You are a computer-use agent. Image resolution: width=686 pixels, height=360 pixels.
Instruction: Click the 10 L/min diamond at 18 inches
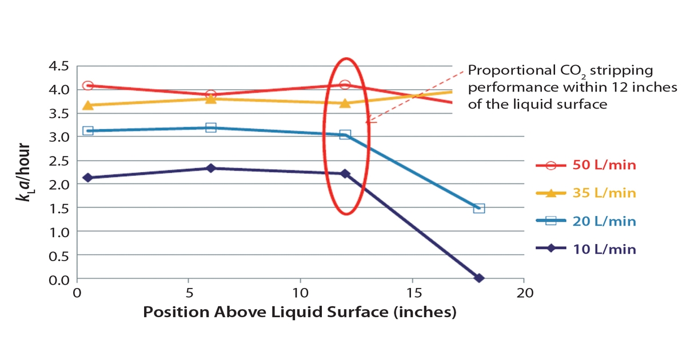[x=479, y=278]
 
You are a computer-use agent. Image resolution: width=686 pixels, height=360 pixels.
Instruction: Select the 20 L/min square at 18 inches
[x=479, y=208]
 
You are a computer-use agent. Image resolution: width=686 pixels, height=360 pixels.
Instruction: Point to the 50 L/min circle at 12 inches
[x=345, y=85]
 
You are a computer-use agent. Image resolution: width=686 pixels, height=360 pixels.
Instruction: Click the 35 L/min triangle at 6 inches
[x=210, y=98]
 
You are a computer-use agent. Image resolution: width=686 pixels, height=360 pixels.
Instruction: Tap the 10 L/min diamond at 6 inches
[x=210, y=168]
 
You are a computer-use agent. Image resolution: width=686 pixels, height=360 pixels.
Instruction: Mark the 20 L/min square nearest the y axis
[x=88, y=131]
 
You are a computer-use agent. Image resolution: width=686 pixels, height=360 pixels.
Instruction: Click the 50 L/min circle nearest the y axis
[x=88, y=86]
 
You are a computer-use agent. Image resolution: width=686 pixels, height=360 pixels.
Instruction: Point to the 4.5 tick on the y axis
[x=57, y=66]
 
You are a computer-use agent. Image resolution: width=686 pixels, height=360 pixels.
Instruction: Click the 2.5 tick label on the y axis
[x=57, y=161]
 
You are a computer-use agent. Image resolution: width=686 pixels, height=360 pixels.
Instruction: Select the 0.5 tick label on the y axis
[x=57, y=255]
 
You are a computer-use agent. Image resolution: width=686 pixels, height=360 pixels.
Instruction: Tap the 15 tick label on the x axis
[x=412, y=293]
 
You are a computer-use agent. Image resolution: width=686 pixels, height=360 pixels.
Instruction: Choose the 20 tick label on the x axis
[x=524, y=293]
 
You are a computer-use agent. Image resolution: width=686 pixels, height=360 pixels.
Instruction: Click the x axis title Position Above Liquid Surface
[x=300, y=313]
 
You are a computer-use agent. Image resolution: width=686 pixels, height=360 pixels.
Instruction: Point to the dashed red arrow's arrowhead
[x=368, y=121]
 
